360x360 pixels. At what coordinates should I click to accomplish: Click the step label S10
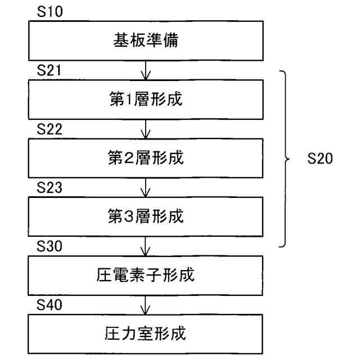49,12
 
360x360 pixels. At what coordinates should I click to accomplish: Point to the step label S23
49,188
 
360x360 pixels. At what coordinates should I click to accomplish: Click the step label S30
49,246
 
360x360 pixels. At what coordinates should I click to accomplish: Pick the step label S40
49,305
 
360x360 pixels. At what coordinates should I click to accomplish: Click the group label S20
321,159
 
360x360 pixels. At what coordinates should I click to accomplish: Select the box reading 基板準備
146,42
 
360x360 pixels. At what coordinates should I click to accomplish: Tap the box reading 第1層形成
146,100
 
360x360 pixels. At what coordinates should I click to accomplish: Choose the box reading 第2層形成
146,159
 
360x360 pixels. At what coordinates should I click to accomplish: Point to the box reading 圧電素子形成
146,276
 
